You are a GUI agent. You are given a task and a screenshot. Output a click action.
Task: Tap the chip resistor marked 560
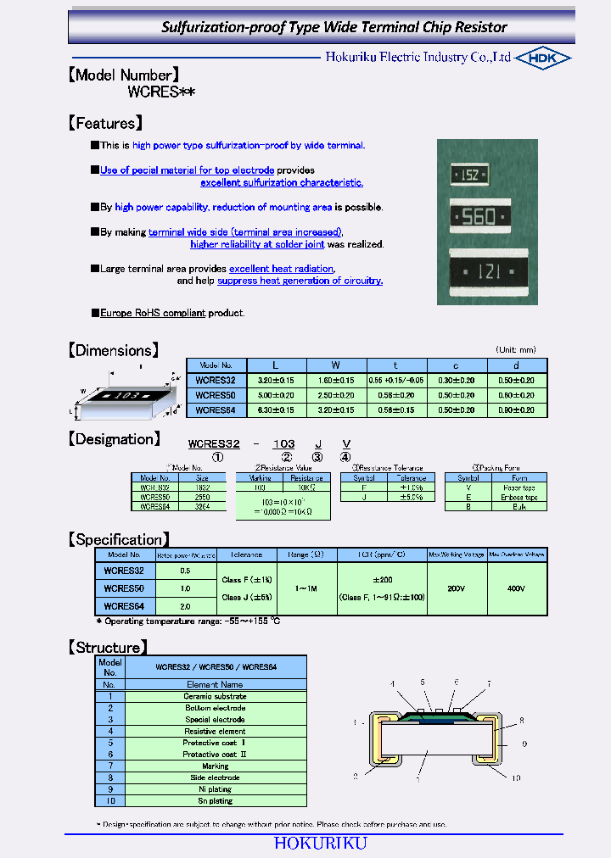(x=479, y=217)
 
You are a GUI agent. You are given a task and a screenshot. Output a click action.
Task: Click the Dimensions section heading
(x=113, y=350)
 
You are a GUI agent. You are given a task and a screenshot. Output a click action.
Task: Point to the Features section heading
(x=105, y=123)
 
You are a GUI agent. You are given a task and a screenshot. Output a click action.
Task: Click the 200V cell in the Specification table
(x=457, y=588)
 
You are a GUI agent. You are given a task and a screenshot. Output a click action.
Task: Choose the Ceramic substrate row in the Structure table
(x=216, y=696)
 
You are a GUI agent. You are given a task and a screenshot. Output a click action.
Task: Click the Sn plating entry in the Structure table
(x=216, y=800)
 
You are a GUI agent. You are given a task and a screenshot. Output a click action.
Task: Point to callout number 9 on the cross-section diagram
(x=524, y=744)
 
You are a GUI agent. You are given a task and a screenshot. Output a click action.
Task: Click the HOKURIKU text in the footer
(x=320, y=843)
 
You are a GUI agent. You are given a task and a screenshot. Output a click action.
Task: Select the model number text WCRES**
(x=161, y=92)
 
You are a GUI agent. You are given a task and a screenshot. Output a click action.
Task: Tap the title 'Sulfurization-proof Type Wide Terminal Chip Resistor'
(x=334, y=27)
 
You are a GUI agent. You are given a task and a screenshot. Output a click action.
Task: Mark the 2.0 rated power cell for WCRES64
(x=185, y=606)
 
